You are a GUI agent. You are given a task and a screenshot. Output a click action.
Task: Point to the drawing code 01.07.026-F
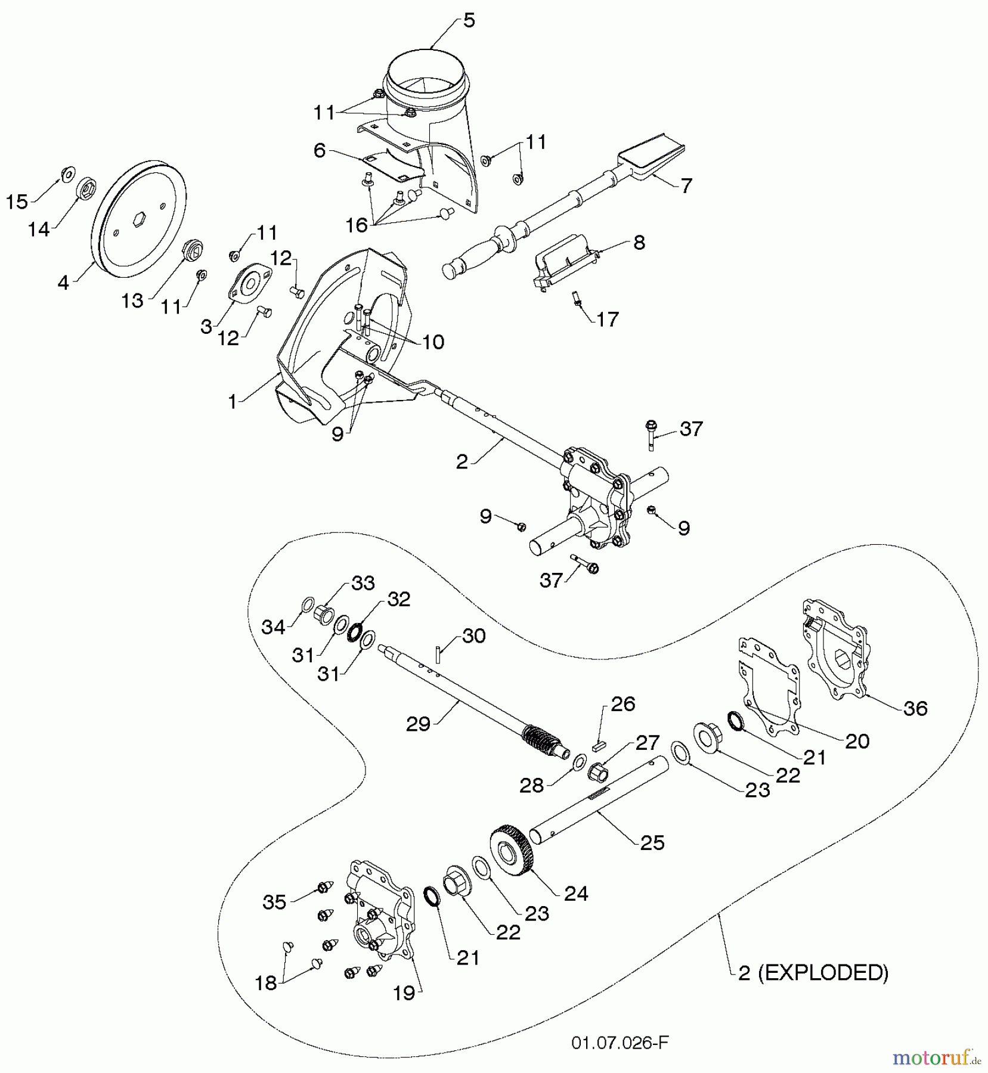point(620,1042)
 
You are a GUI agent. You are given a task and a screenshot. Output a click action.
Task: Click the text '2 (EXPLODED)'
point(813,973)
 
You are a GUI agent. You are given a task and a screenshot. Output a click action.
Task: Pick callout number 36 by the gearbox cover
point(915,708)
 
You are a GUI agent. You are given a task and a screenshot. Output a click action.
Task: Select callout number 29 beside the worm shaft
point(418,724)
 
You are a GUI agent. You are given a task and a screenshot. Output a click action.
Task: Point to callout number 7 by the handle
point(686,185)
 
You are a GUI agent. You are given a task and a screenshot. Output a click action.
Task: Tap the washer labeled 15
point(67,174)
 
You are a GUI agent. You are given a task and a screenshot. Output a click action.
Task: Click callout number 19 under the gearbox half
point(405,994)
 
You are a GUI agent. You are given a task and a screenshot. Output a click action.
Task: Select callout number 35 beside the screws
point(274,902)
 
